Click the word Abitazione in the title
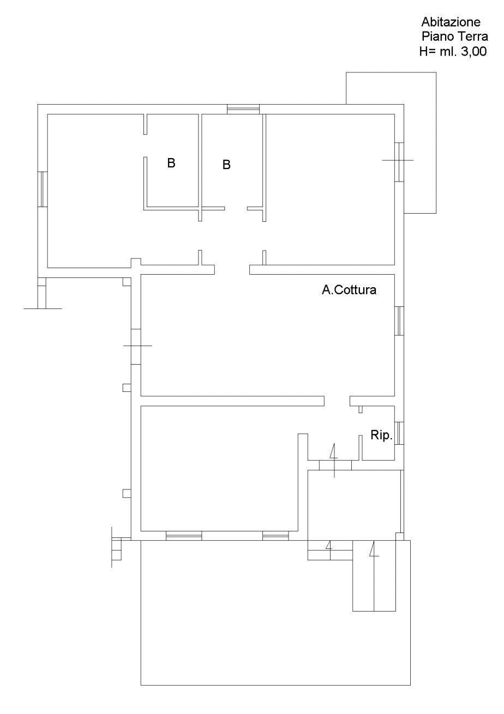click(451, 22)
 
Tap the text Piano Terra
click(455, 37)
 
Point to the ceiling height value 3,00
click(473, 51)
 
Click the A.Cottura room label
click(349, 290)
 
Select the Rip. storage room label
click(381, 435)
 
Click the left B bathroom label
click(171, 163)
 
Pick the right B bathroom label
click(226, 165)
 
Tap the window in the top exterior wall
click(243, 110)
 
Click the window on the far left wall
click(43, 189)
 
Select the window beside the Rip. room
click(399, 433)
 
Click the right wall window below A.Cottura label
click(399, 321)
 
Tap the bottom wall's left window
click(184, 535)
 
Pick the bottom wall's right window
click(275, 535)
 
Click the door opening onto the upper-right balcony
click(399, 162)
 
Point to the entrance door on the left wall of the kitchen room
click(136, 347)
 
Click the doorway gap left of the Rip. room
click(337, 401)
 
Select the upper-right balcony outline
click(436, 143)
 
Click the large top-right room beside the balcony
click(330, 189)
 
